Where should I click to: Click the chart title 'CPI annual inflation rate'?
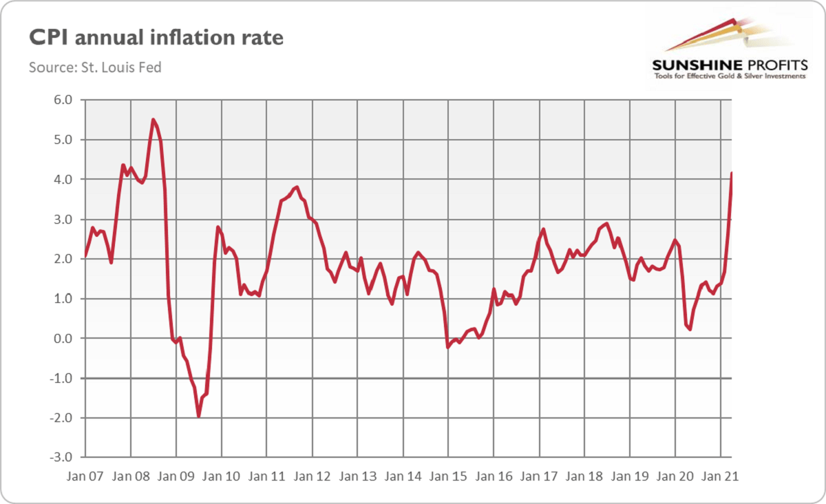tap(156, 37)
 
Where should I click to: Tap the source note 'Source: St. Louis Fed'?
tap(95, 67)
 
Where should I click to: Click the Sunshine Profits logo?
tap(728, 48)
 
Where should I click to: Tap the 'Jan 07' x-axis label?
tap(85, 476)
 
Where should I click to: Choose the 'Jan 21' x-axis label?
tap(721, 476)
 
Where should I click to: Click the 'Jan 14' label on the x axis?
tap(403, 476)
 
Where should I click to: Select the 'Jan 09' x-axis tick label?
tap(176, 476)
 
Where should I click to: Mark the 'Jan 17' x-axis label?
tap(539, 476)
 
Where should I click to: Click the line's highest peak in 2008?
tap(153, 120)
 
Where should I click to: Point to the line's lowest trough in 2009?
tap(198, 416)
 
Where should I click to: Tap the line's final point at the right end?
tap(731, 173)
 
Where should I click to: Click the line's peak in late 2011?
tap(297, 187)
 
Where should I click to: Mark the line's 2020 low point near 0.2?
tap(690, 329)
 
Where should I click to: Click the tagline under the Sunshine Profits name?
tap(728, 76)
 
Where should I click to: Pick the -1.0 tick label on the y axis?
tap(61, 379)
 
